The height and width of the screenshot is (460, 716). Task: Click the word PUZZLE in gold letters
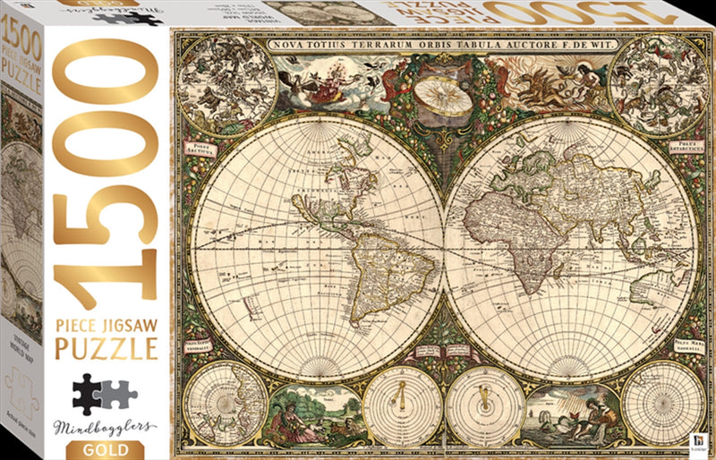pos(107,346)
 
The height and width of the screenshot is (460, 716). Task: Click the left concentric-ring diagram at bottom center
pos(403,407)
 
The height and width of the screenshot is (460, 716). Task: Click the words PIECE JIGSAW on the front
pos(107,318)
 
